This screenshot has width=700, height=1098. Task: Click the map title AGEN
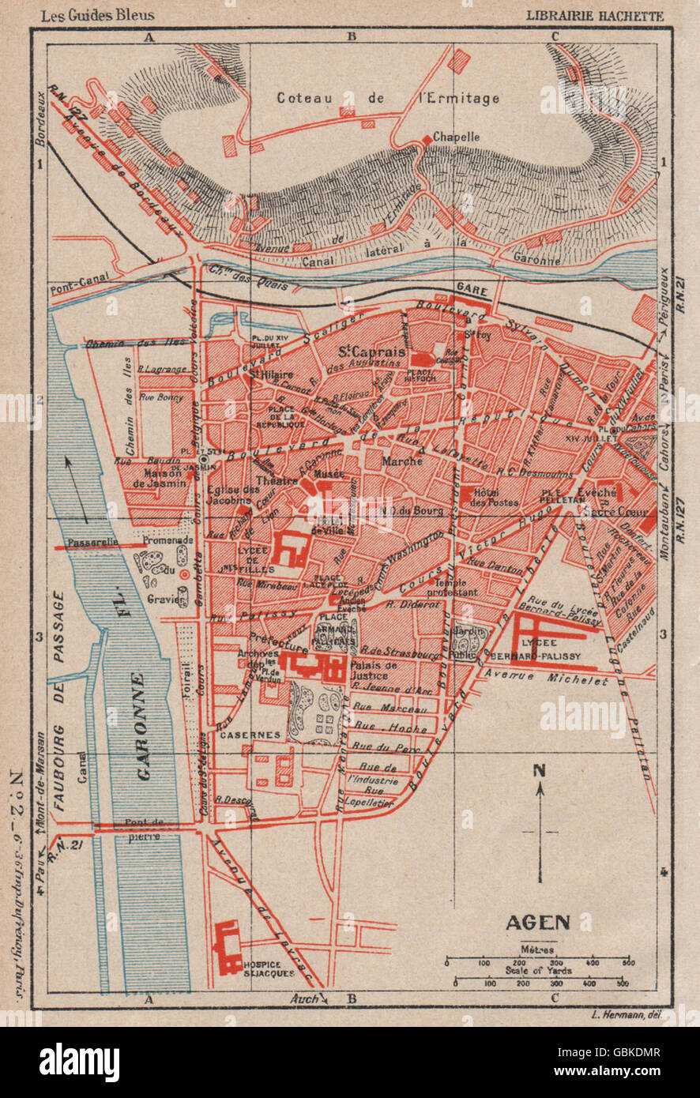click(536, 922)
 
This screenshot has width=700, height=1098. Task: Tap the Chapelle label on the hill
click(454, 137)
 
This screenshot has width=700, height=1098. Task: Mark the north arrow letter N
click(540, 771)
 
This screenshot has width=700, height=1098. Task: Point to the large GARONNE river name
click(143, 726)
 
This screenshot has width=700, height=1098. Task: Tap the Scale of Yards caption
click(537, 971)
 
